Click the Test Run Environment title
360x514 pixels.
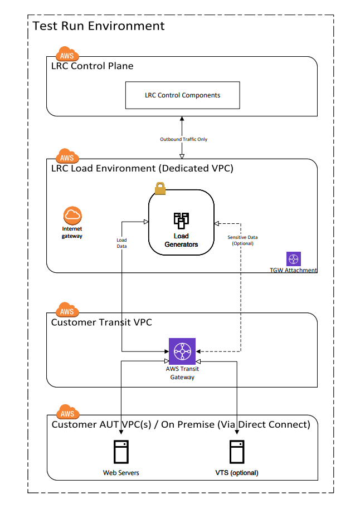point(99,26)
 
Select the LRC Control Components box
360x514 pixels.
point(182,95)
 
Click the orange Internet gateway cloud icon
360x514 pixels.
point(72,214)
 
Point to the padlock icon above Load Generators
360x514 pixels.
point(160,189)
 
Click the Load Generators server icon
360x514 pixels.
point(181,221)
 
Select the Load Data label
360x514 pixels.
point(121,243)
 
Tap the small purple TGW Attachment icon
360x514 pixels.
point(294,259)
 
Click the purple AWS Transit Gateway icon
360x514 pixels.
point(183,351)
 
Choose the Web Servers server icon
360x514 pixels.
point(121,453)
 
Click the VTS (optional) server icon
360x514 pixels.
point(237,453)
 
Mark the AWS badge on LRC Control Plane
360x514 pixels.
point(67,56)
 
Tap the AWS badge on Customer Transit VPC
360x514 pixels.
point(67,311)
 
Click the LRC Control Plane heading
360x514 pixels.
point(93,66)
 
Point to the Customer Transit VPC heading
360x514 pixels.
point(101,322)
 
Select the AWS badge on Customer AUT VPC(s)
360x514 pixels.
point(67,413)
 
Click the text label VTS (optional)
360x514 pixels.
point(237,473)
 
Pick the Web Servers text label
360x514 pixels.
point(121,473)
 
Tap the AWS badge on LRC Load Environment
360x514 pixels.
point(67,158)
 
